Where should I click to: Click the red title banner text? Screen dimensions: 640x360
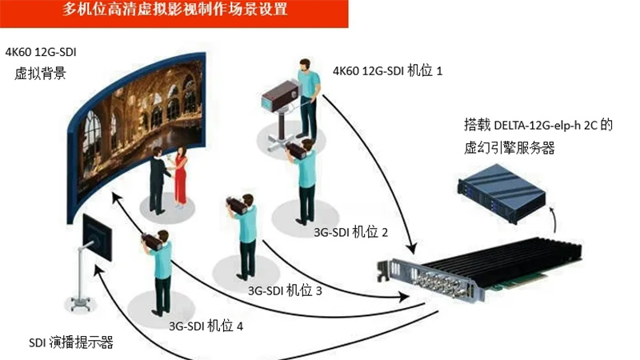pyautogui.click(x=174, y=9)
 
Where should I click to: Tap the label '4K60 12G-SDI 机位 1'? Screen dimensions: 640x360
pyautogui.click(x=387, y=71)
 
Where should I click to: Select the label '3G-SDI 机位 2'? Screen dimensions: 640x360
pyautogui.click(x=350, y=232)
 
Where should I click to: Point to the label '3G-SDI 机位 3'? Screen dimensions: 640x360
pyautogui.click(x=285, y=290)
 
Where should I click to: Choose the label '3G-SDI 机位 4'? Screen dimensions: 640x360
pyautogui.click(x=206, y=326)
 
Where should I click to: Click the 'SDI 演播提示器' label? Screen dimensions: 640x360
pyautogui.click(x=71, y=342)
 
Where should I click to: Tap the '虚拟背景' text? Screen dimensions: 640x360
pyautogui.click(x=40, y=74)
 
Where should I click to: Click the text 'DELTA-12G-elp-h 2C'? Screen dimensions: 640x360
pyautogui.click(x=546, y=125)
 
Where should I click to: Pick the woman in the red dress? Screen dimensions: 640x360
pyautogui.click(x=180, y=178)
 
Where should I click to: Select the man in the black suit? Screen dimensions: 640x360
pyautogui.click(x=158, y=181)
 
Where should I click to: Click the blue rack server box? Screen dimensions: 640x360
pyautogui.click(x=502, y=192)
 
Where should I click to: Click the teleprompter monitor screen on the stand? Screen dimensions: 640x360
pyautogui.click(x=97, y=238)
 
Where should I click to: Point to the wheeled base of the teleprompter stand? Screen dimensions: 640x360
pyautogui.click(x=81, y=304)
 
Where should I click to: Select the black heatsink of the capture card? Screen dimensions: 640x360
pyautogui.click(x=502, y=258)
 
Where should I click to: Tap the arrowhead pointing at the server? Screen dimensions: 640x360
pyautogui.click(x=551, y=210)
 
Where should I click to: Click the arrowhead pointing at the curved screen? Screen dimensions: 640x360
pyautogui.click(x=117, y=198)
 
